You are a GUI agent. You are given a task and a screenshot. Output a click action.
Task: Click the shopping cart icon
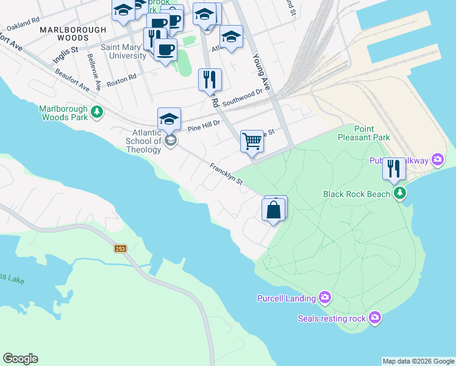(x=252, y=141)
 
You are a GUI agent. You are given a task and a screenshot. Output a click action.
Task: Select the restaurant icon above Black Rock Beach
(x=394, y=168)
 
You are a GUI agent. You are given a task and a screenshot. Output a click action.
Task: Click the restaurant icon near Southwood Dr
(x=210, y=79)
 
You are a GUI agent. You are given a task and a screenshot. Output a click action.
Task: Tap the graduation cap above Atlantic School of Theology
(x=169, y=118)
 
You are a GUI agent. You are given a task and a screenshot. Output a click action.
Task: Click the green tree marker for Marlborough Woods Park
(x=96, y=112)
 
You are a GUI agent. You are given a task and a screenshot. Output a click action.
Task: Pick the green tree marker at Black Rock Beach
(x=399, y=193)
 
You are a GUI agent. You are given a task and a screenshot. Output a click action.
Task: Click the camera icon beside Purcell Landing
(x=325, y=298)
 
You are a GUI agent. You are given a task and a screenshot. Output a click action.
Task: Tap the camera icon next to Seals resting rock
(x=374, y=318)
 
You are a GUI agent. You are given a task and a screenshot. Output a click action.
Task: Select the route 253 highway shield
(x=120, y=248)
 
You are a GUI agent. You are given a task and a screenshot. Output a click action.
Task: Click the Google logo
(x=20, y=359)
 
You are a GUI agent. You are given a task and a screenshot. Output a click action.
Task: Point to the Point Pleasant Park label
(x=364, y=133)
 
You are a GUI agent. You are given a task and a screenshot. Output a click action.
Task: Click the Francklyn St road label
(x=226, y=174)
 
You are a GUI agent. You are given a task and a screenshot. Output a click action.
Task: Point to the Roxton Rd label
(x=121, y=79)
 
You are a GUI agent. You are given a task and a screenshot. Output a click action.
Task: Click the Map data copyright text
(x=418, y=361)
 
